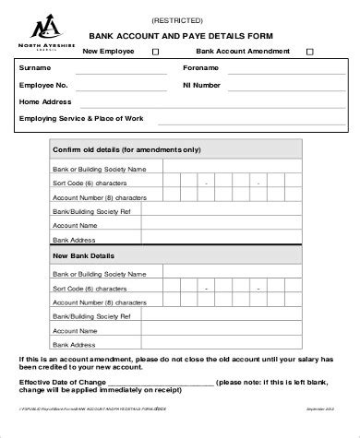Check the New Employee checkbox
pyautogui.click(x=154, y=52)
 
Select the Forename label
pyautogui.click(x=202, y=67)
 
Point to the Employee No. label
pyautogui.click(x=45, y=84)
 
